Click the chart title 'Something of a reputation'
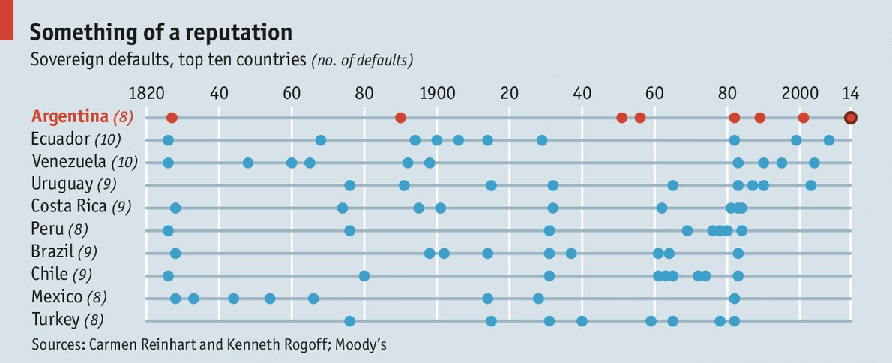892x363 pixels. click(160, 32)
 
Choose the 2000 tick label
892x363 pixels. click(800, 94)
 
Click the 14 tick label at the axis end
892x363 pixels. click(850, 94)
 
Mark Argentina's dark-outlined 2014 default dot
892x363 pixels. click(850, 117)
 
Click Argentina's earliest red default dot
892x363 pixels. click(172, 118)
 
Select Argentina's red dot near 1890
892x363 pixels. click(400, 118)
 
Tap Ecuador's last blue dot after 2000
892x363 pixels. click(828, 140)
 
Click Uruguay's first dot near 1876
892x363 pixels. click(349, 185)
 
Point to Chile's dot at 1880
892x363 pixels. click(364, 275)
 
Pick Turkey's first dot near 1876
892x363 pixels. click(349, 321)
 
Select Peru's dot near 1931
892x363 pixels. click(549, 230)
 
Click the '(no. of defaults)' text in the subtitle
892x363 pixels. click(362, 59)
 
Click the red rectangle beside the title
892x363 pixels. click(7, 19)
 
